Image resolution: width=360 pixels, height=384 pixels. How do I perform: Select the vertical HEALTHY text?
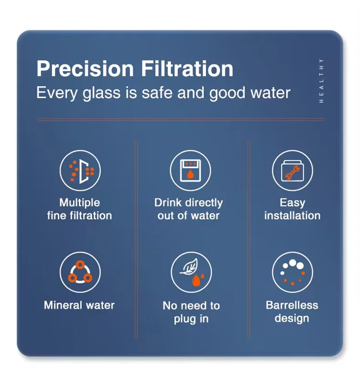pos(321,80)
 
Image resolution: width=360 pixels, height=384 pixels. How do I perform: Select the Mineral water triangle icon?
pos(80,273)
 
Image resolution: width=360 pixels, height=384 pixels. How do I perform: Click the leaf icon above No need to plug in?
pos(191,273)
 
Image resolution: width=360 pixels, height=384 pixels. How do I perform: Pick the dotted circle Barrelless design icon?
pos(292,273)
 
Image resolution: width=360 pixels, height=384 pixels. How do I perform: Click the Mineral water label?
pos(79,305)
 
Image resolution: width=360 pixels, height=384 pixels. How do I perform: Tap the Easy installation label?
pos(292,209)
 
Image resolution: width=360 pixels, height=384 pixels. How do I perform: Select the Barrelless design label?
pos(292,311)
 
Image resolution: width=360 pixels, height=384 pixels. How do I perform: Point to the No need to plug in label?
pos(191,312)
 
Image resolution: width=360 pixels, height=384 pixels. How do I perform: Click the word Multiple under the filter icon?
pos(80,202)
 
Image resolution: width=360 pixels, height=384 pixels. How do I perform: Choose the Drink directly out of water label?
pos(189,209)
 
